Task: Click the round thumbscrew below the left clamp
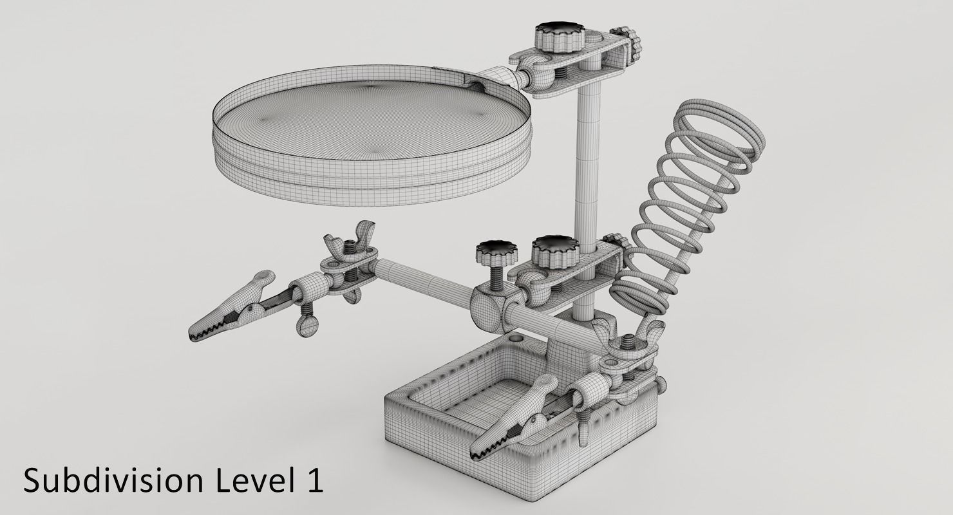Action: (x=308, y=324)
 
